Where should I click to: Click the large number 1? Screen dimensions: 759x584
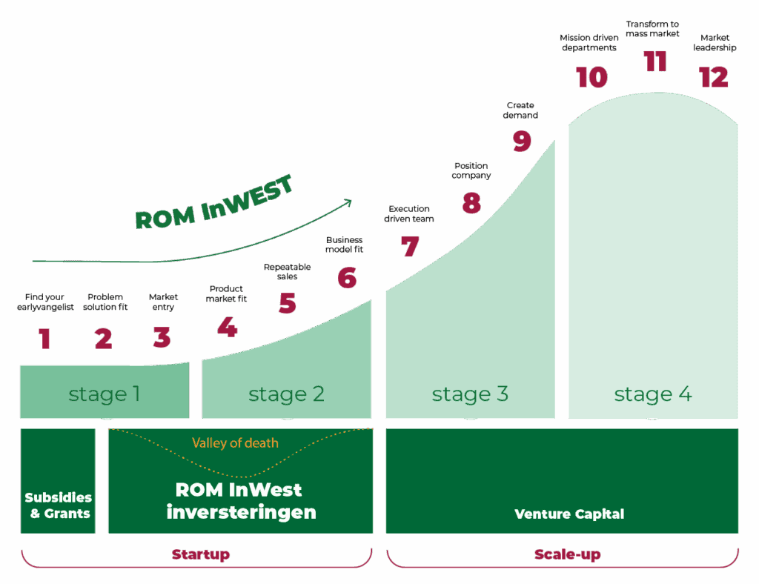[x=45, y=338]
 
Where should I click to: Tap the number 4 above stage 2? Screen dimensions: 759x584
[x=227, y=327]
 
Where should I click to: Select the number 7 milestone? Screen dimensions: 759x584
[x=409, y=246]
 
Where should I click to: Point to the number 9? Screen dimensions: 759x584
[x=522, y=141]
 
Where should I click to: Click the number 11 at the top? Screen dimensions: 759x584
[x=655, y=62]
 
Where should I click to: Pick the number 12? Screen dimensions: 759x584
[x=714, y=77]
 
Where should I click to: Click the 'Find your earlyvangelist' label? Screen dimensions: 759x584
[x=45, y=302]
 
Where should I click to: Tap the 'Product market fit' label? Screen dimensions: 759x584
[x=226, y=293]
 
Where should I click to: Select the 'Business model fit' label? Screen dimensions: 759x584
[x=344, y=245]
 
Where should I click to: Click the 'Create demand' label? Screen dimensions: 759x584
[x=520, y=110]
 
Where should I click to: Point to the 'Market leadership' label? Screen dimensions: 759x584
[x=715, y=42]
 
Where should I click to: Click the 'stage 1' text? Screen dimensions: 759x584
[x=104, y=394]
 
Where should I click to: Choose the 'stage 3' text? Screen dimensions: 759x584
[x=470, y=394]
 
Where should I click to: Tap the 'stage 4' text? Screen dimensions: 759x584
[x=653, y=394]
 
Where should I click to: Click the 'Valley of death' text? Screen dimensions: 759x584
[x=235, y=442]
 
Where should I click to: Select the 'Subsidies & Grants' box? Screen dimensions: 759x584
[x=58, y=481]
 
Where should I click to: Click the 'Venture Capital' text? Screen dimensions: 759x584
[x=569, y=514]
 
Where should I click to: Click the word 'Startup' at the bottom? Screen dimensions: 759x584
[x=200, y=554]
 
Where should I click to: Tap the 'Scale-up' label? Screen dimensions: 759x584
[x=567, y=554]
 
